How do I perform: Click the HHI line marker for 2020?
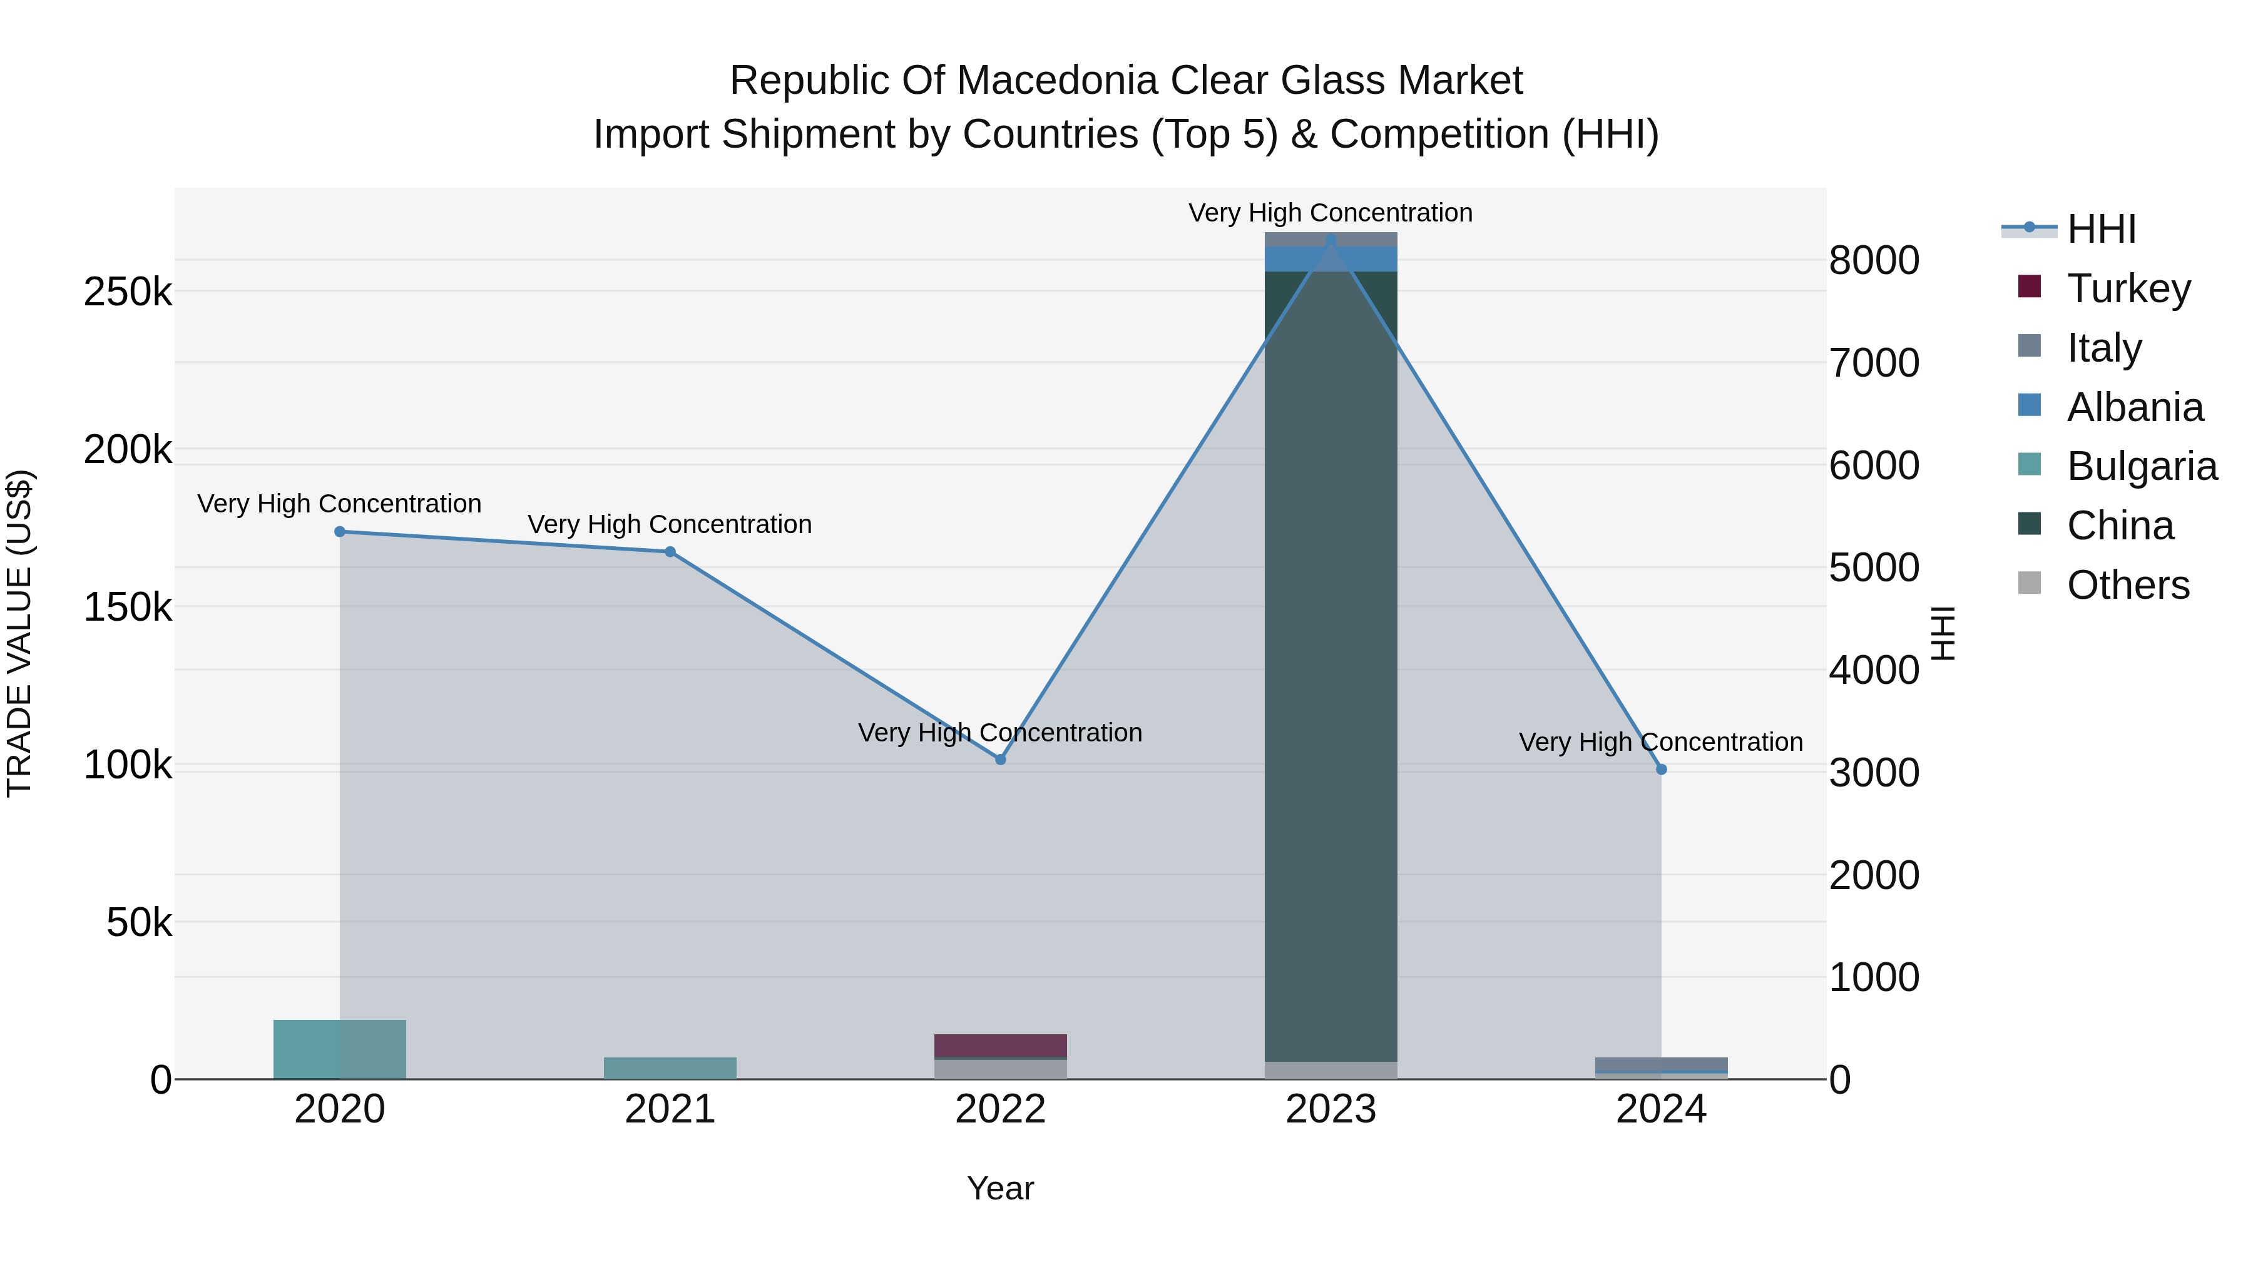point(340,532)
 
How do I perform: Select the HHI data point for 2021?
point(670,552)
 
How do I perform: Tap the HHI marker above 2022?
point(1001,760)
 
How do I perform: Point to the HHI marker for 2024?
point(1662,770)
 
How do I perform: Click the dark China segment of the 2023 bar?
point(1331,664)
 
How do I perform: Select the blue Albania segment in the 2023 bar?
point(1331,259)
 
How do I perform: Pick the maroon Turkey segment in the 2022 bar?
point(1001,1045)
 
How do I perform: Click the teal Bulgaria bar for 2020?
point(340,1049)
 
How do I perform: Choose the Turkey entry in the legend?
point(2128,288)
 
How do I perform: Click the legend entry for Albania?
point(2134,407)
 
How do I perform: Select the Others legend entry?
point(2127,585)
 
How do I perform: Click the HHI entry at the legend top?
point(2101,229)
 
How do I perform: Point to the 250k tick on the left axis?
point(128,292)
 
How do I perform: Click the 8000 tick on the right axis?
point(1873,260)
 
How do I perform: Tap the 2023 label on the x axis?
point(1331,1109)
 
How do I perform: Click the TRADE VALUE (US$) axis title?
point(19,633)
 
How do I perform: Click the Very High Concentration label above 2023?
point(1331,213)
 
